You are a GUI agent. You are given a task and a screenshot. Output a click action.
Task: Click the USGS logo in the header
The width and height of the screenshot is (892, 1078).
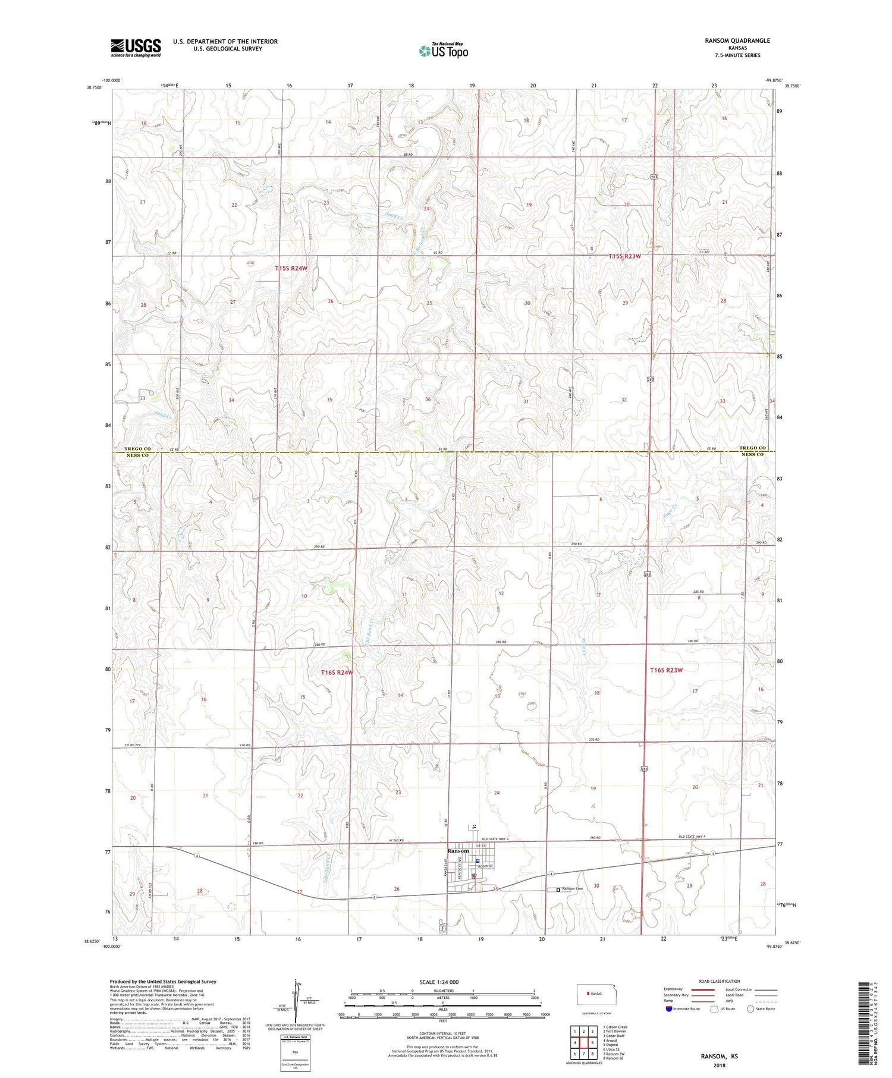(136, 47)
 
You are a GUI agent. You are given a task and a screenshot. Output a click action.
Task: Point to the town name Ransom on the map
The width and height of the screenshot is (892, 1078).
(458, 851)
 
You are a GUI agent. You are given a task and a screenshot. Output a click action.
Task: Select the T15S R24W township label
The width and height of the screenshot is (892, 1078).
(291, 269)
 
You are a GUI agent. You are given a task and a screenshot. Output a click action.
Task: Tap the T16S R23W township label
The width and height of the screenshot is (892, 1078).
(666, 670)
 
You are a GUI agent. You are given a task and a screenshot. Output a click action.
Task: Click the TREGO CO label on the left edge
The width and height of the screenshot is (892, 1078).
(139, 448)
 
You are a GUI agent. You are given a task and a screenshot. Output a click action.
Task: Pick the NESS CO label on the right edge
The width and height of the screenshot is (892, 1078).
(752, 454)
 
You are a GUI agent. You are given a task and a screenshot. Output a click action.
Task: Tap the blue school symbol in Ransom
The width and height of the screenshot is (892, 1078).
(477, 860)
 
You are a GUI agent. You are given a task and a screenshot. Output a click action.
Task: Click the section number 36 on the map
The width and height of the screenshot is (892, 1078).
(428, 399)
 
